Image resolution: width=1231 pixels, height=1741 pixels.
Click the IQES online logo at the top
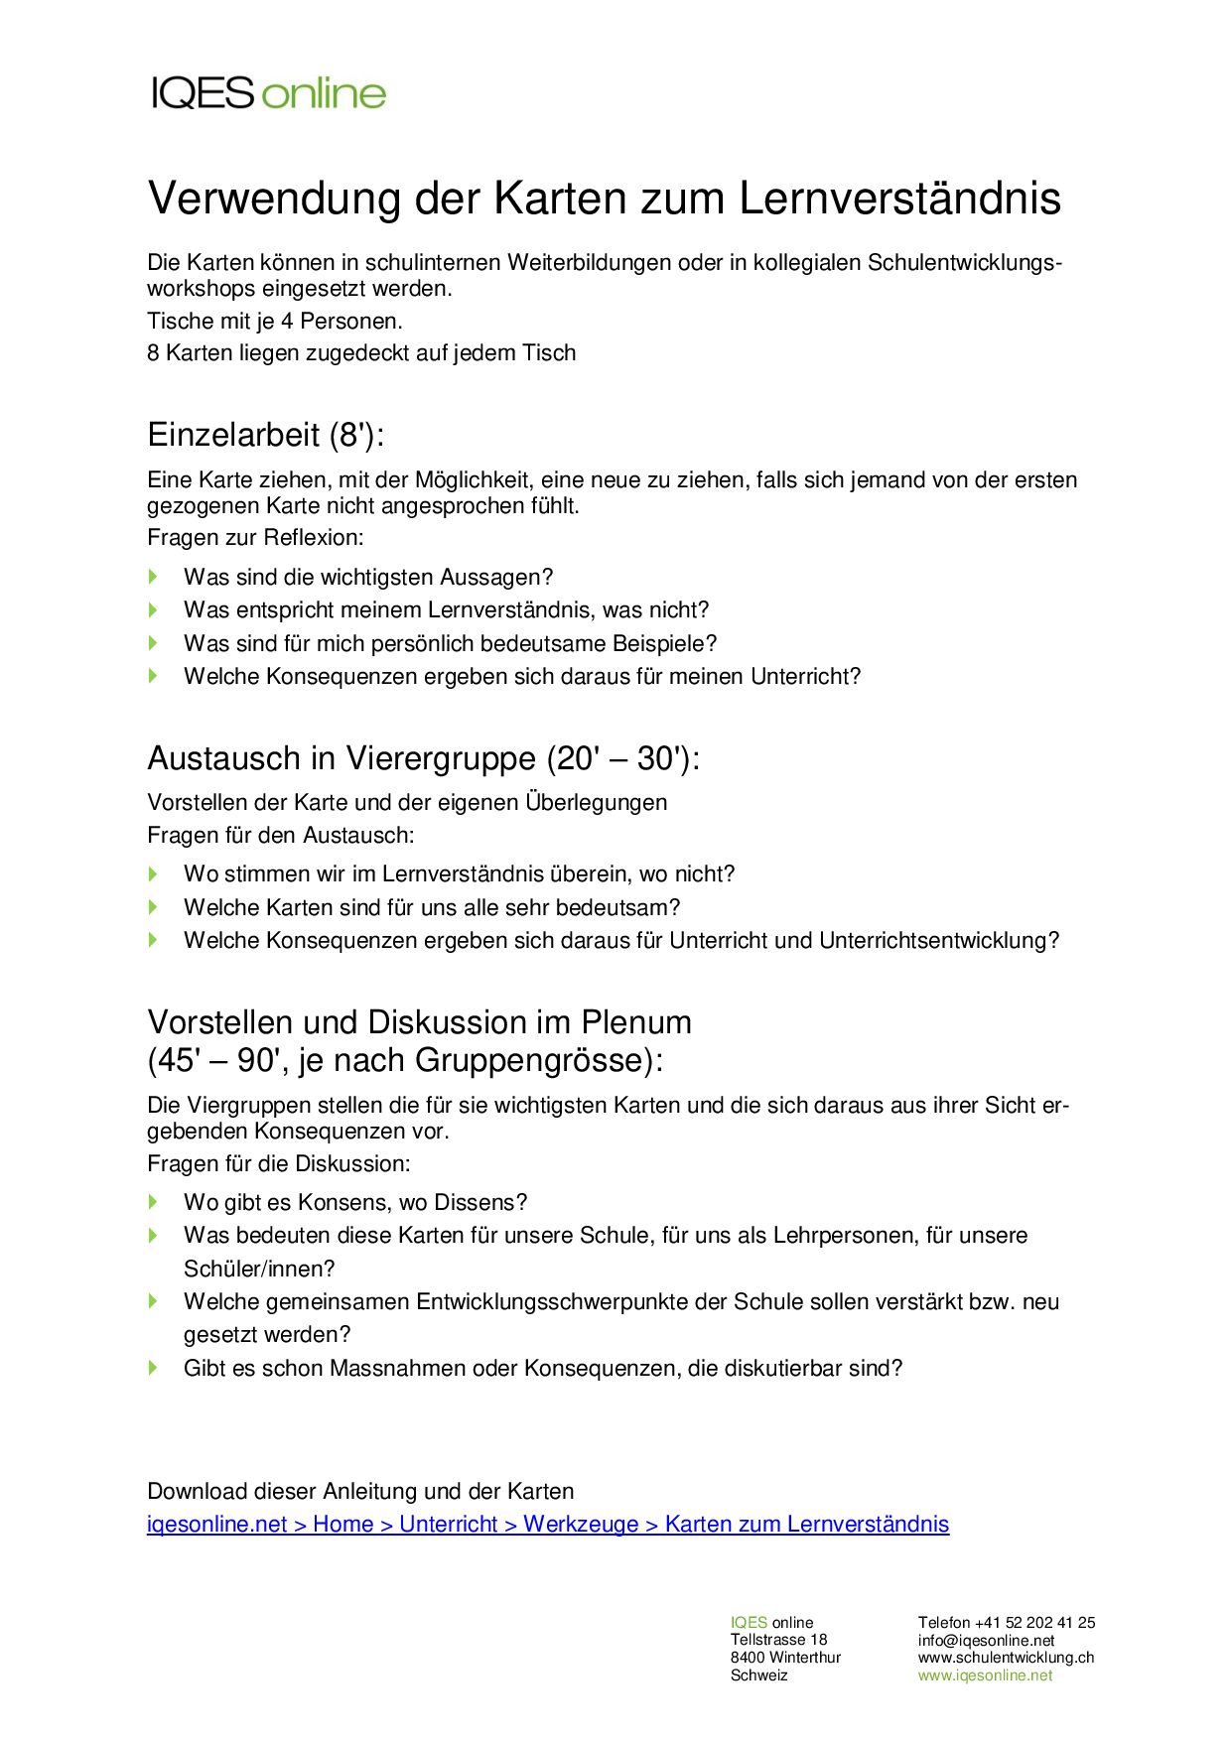(268, 93)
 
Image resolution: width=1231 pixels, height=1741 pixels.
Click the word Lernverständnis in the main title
(899, 199)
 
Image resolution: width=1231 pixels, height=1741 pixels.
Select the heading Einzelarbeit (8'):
(265, 435)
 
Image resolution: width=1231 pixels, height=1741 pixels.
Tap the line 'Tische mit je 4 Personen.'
(275, 322)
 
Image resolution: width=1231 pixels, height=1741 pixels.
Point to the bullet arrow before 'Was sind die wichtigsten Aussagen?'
(154, 577)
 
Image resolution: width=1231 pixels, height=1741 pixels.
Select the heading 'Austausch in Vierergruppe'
(342, 758)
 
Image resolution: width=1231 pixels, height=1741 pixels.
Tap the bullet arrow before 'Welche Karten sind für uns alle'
(154, 907)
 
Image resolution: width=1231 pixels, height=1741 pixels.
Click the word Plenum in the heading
(636, 1022)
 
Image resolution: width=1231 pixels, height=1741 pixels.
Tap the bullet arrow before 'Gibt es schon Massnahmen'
(154, 1368)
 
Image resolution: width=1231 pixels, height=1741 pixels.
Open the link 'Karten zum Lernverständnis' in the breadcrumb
(807, 1525)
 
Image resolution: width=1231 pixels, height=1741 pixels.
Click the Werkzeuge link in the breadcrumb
(581, 1525)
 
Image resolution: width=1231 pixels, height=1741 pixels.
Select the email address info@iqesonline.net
(986, 1641)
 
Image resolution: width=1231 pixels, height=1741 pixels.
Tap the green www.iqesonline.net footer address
(985, 1675)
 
